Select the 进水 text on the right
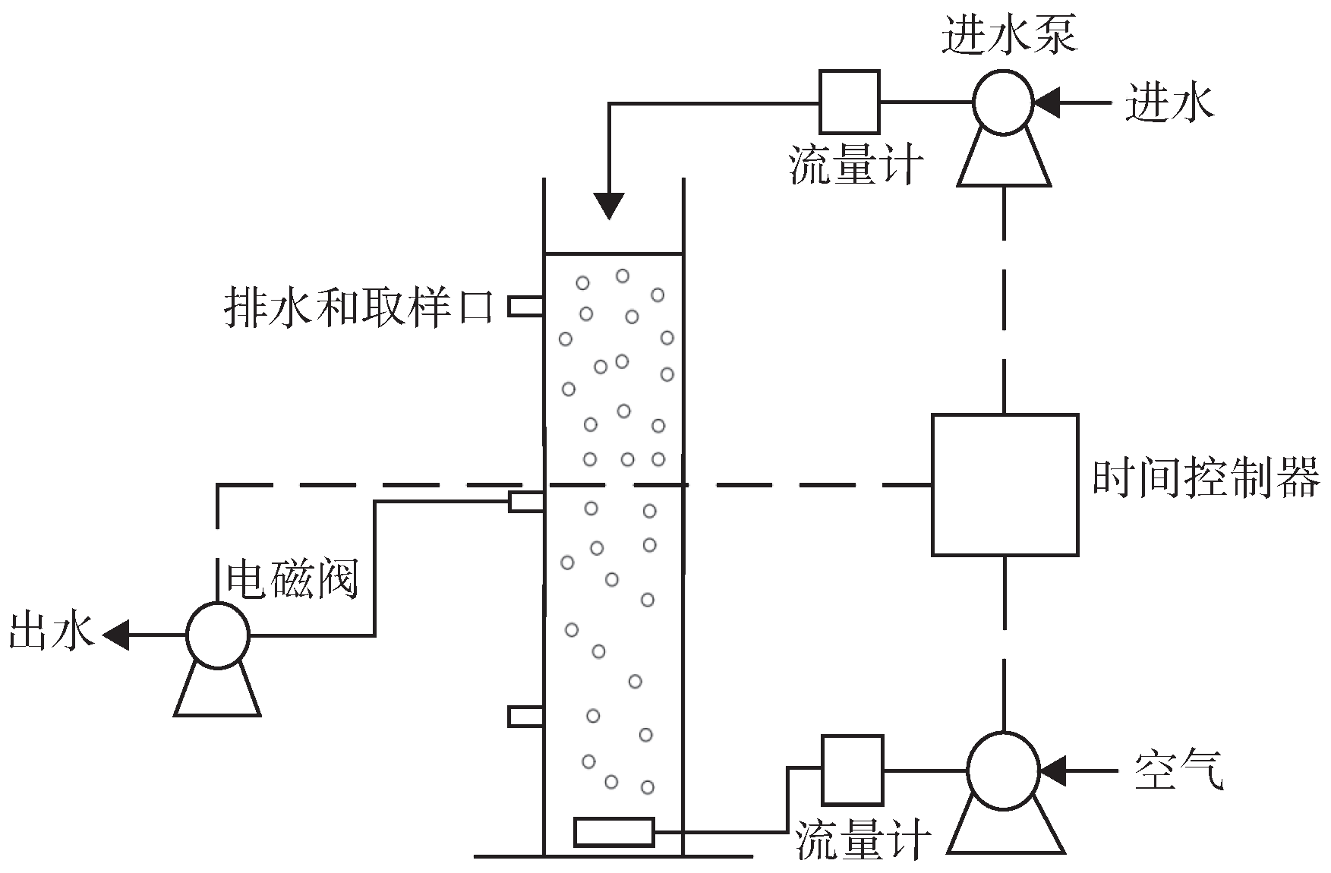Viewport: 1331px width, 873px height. click(x=1169, y=102)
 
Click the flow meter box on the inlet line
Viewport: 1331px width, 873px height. click(x=850, y=102)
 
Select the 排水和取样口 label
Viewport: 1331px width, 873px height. click(x=359, y=307)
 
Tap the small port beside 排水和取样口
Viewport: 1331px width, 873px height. click(x=525, y=306)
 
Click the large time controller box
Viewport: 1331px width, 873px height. click(x=1005, y=484)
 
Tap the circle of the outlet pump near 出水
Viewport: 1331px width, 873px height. click(x=218, y=635)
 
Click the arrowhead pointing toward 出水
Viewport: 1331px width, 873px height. click(x=115, y=635)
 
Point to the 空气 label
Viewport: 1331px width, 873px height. click(x=1178, y=770)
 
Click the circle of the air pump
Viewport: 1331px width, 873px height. click(x=1005, y=771)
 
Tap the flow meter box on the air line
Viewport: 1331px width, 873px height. click(x=853, y=770)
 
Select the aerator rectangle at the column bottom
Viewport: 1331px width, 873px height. click(x=613, y=832)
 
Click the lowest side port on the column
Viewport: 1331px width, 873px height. click(x=525, y=716)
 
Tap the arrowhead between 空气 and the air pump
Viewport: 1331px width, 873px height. click(x=1052, y=771)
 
